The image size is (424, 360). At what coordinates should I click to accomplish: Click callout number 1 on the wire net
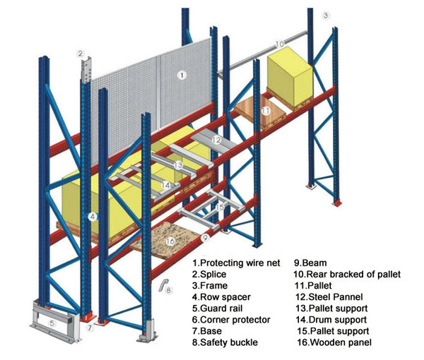coord(182,75)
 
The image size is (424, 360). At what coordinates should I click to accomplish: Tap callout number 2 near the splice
coord(81,54)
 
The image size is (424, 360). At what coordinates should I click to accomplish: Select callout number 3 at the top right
coord(326,16)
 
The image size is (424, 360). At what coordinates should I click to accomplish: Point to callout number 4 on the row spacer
coord(93,217)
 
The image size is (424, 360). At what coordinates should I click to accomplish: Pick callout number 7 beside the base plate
coord(90,328)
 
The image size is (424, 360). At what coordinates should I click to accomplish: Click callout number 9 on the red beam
coord(206,237)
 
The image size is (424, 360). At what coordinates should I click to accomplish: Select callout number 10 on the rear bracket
coord(280,44)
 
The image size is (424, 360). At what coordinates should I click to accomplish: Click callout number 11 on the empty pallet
coord(266,111)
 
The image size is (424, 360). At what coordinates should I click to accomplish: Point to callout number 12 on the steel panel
coord(217,140)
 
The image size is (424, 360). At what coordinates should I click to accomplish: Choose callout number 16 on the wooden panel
coord(170,241)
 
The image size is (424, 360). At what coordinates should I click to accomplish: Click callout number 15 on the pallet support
coord(220,207)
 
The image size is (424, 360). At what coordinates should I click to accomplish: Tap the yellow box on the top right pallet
coord(290,77)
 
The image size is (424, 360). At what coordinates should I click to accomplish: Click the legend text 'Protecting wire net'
coord(241,263)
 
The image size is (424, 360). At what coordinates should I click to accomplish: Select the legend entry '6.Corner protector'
coord(231,320)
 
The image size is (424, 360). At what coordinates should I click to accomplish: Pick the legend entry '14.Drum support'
coord(331,320)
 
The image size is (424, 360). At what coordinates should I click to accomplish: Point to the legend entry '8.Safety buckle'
coord(225,342)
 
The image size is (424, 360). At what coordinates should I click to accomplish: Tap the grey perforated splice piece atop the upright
coord(86,70)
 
